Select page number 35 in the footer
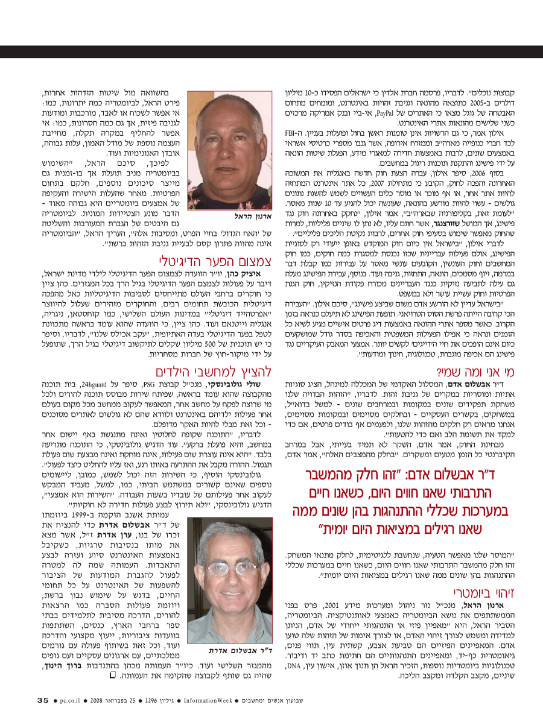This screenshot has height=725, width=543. point(43,700)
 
